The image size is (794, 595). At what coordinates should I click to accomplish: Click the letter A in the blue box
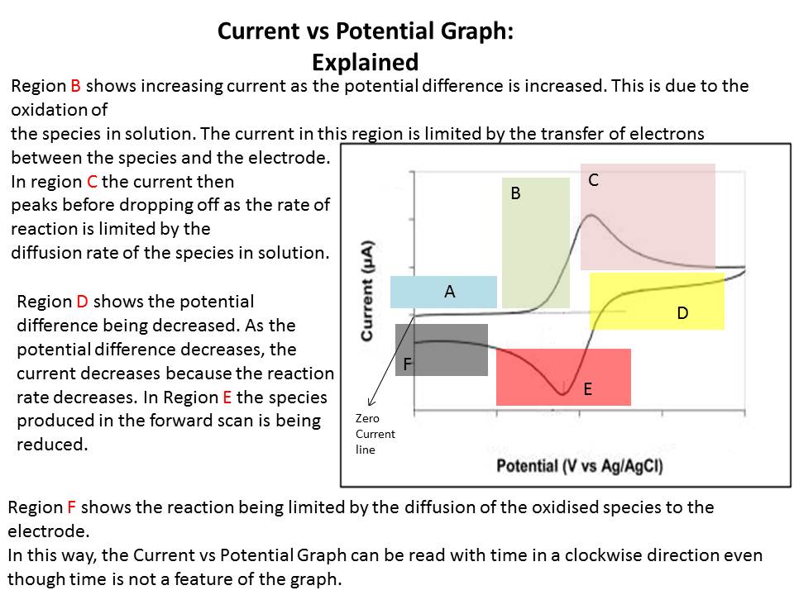(x=450, y=292)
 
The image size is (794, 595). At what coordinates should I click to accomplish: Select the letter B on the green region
(x=515, y=193)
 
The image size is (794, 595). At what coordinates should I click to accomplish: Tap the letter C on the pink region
(x=594, y=180)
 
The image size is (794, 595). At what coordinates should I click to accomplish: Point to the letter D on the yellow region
(x=682, y=313)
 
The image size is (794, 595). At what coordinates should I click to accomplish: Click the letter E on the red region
(x=587, y=389)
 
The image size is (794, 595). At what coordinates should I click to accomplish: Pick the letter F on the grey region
(x=408, y=364)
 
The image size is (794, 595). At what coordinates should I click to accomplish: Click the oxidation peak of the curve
(x=591, y=216)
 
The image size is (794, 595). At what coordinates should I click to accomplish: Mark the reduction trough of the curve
(x=562, y=393)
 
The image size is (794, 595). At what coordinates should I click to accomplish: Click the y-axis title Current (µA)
(x=367, y=291)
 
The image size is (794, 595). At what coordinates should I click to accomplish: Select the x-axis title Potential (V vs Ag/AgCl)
(x=580, y=465)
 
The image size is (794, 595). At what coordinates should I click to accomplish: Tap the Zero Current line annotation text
(x=375, y=434)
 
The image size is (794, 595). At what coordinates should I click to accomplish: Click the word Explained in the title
(x=365, y=62)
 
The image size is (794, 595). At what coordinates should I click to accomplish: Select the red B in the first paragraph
(x=75, y=86)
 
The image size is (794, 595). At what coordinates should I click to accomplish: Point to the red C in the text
(x=92, y=182)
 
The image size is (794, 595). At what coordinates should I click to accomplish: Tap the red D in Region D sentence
(x=82, y=302)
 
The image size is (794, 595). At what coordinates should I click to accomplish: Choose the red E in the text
(x=227, y=397)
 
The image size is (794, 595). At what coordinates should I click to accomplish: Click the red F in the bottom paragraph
(x=71, y=507)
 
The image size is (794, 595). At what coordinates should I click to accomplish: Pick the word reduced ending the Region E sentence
(x=52, y=445)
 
